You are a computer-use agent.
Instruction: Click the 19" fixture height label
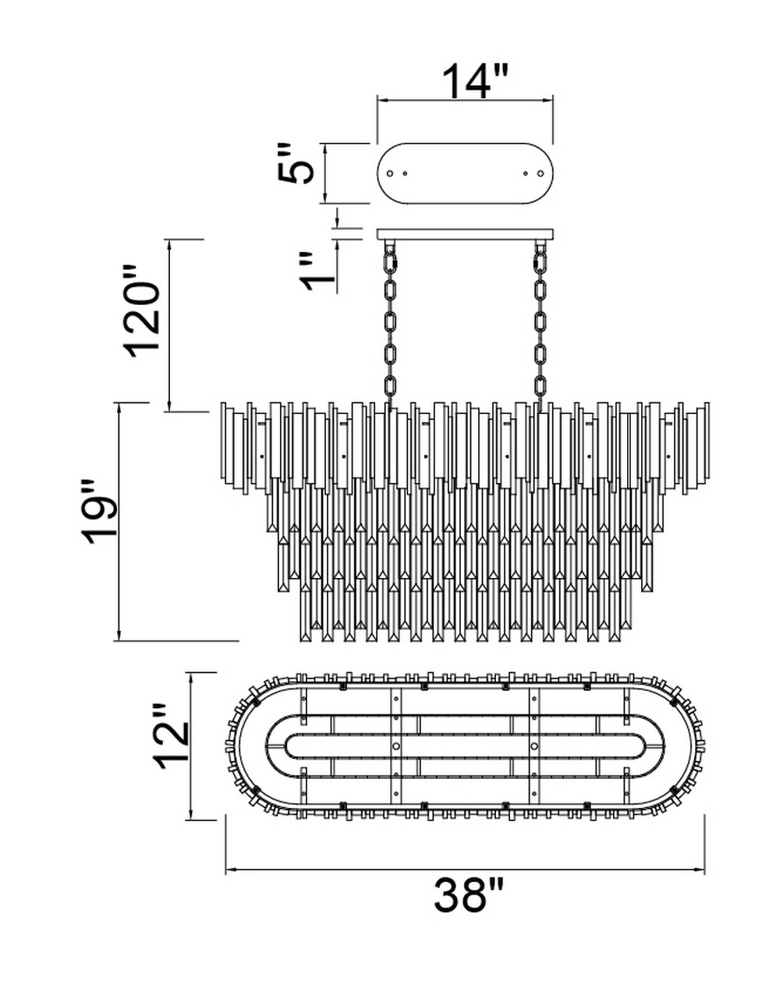click(100, 512)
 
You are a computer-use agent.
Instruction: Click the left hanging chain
click(391, 326)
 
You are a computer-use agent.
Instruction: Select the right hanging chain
click(540, 326)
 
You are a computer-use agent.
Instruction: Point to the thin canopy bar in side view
click(466, 234)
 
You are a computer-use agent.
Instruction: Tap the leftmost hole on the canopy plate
click(390, 173)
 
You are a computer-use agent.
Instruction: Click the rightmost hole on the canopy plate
click(541, 173)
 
